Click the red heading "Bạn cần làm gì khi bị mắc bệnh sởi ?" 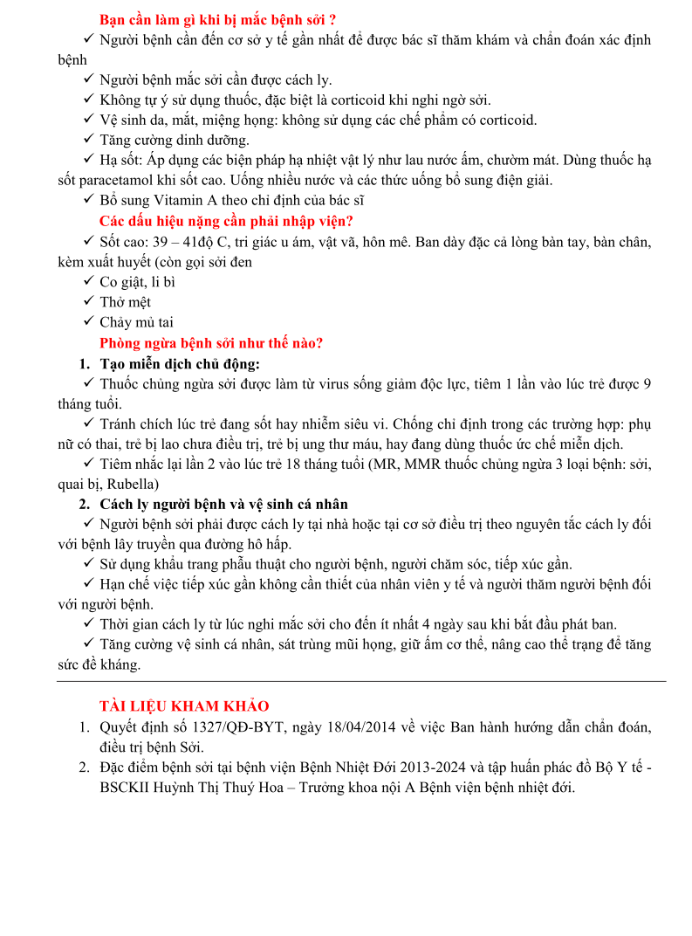coord(218,19)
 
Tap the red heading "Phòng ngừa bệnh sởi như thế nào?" coord(211,343)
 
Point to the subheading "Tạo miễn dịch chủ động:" coord(180,363)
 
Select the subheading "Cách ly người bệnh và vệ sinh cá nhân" coord(224,504)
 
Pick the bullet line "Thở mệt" coord(125,302)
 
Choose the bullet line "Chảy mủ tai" coord(136,322)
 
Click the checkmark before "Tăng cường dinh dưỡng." coord(89,140)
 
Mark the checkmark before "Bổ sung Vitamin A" coord(89,200)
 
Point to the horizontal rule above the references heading coord(360,681)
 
